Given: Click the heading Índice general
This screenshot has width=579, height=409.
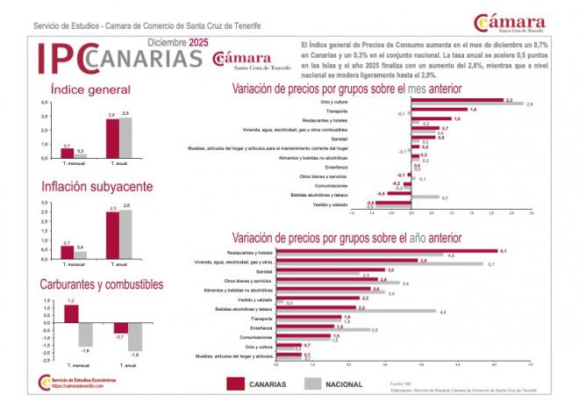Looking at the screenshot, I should pos(90,90).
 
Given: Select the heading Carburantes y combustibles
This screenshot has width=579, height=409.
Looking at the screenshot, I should pos(101,283).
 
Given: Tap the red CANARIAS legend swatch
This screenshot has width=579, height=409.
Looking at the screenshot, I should pos(233,384).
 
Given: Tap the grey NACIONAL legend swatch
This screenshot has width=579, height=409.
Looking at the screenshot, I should pos(313,384).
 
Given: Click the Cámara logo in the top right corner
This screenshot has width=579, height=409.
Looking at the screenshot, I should pos(522,24).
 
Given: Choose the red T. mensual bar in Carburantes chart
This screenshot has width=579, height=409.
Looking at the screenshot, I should pos(71,314).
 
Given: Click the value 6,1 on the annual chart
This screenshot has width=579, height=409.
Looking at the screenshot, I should pos(504,251).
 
